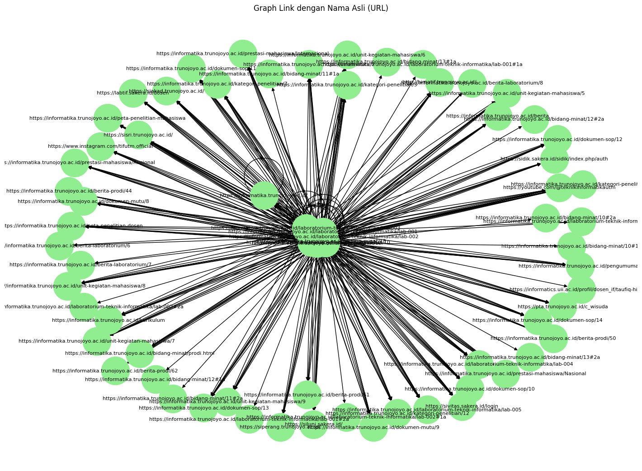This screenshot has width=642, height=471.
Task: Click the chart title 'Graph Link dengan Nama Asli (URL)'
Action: click(321, 8)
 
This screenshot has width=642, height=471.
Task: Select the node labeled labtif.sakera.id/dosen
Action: click(133, 93)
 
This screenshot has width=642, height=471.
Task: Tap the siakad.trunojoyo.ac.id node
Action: click(167, 91)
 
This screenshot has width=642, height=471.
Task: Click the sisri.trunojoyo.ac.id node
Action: click(138, 135)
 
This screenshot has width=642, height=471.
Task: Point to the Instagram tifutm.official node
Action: click(100, 146)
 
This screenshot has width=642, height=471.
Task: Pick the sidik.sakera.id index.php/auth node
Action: click(554, 159)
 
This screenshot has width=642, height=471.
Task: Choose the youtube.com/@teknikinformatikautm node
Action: click(559, 188)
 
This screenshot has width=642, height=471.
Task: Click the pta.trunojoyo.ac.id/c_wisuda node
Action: click(563, 306)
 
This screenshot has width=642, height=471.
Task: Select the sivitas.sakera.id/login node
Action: click(462, 406)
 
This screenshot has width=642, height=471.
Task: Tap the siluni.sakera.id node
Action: click(313, 424)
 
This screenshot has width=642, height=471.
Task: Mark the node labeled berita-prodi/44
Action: click(69, 191)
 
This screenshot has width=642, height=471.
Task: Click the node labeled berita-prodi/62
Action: click(115, 371)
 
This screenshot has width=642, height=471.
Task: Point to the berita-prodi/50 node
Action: click(553, 339)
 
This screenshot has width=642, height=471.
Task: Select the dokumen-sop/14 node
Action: click(538, 320)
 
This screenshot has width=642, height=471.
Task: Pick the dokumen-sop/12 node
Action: click(557, 140)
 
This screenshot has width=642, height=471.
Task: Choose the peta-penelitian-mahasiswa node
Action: click(108, 118)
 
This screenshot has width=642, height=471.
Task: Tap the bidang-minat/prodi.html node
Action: click(140, 353)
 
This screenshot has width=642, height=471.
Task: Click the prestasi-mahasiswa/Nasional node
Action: click(505, 374)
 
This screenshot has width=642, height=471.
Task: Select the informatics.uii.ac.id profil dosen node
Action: click(581, 290)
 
